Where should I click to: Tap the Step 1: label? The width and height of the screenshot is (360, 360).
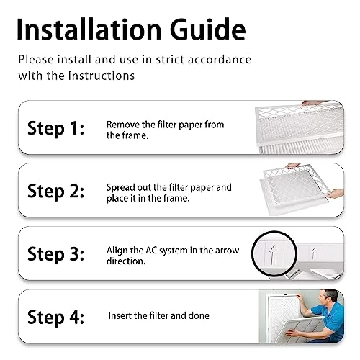click(56, 129)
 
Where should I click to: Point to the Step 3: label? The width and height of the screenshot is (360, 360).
click(56, 254)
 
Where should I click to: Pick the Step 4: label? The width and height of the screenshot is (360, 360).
click(56, 317)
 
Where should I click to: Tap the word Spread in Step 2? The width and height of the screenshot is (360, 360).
click(122, 187)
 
